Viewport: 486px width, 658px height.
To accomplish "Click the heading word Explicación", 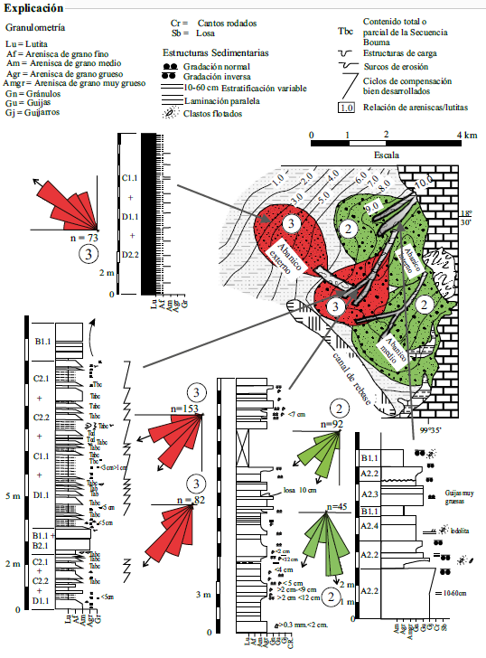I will coord(33,7).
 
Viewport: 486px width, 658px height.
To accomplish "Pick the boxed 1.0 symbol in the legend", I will coord(345,108).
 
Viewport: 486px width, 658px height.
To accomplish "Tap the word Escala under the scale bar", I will coord(387,155).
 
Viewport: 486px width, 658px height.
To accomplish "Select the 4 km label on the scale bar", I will coord(466,135).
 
